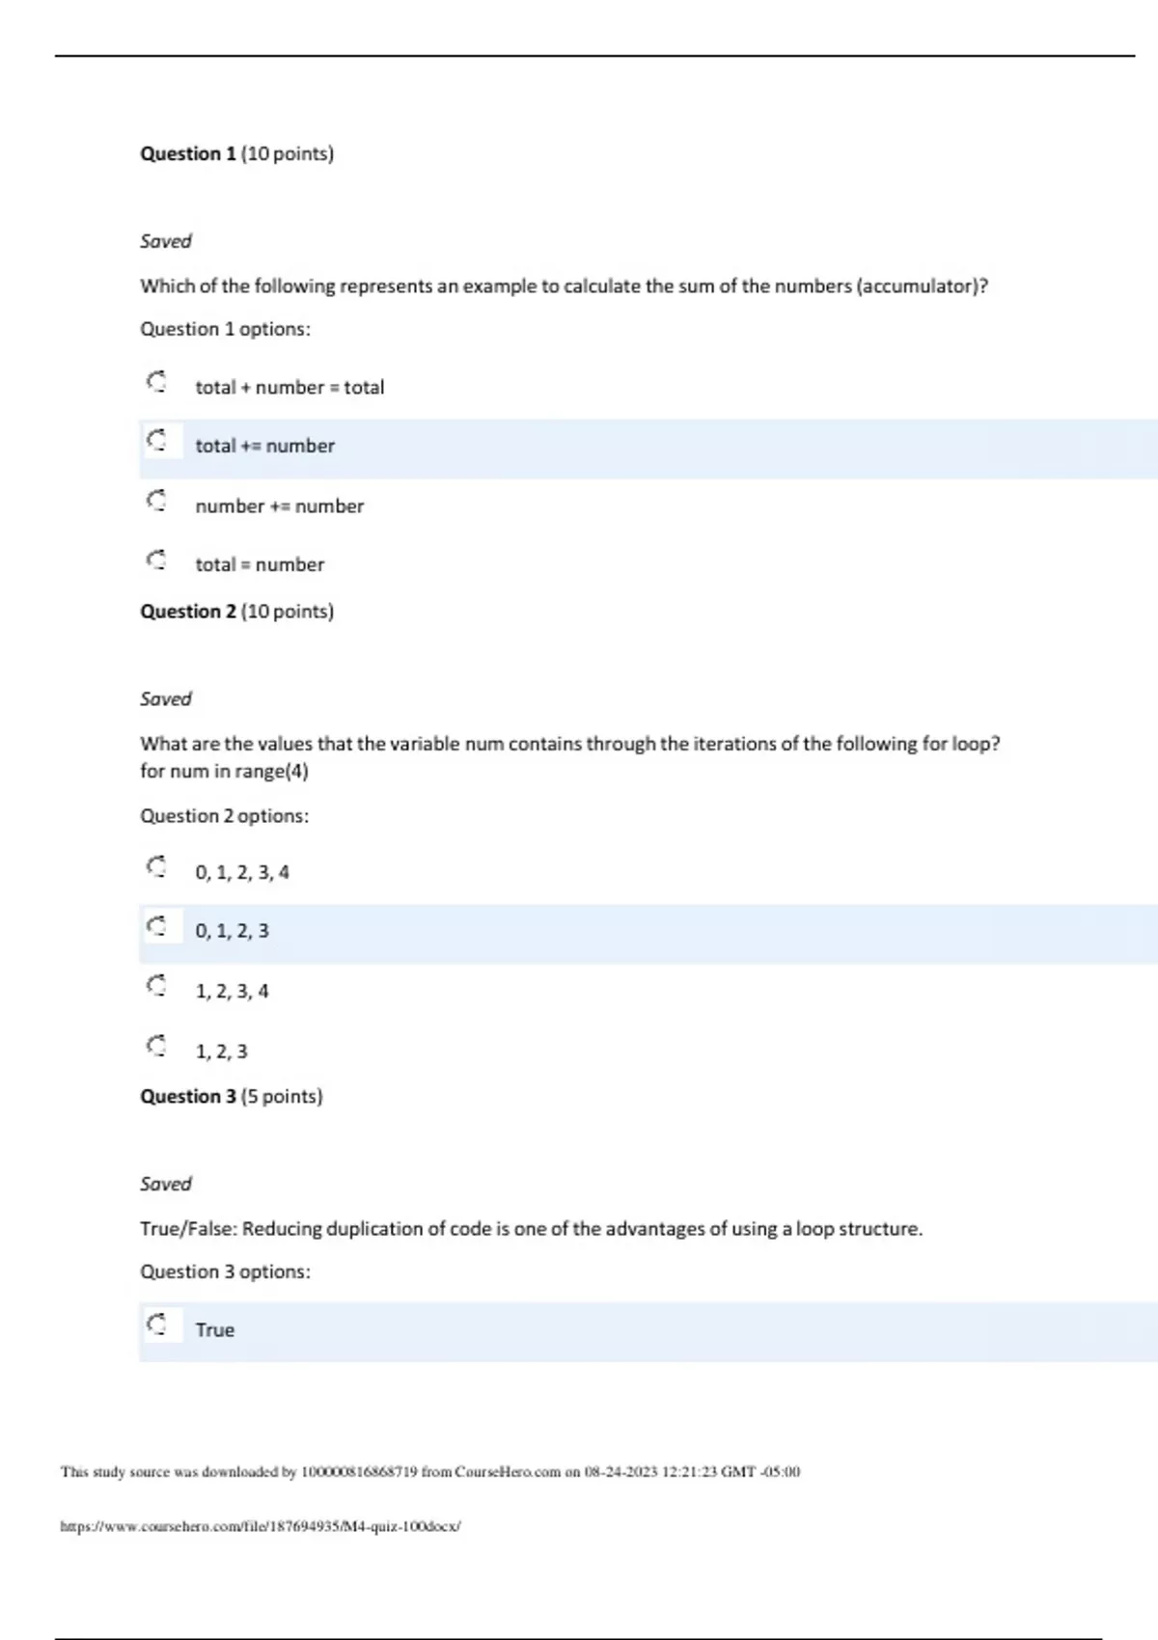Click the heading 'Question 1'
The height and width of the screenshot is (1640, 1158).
(188, 153)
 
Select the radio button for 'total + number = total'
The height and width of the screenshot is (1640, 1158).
(156, 383)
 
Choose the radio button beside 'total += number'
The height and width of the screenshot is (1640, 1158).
(156, 442)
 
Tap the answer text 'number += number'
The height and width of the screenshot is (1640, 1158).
(279, 506)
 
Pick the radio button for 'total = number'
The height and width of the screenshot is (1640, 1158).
(156, 560)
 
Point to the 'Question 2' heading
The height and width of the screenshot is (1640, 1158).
(188, 612)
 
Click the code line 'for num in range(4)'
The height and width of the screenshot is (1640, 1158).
(224, 772)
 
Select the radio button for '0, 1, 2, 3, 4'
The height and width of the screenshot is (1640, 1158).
(156, 867)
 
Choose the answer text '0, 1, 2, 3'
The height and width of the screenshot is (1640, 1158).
(232, 931)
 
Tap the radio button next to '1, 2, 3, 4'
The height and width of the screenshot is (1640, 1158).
(156, 987)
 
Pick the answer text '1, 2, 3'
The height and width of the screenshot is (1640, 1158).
(221, 1052)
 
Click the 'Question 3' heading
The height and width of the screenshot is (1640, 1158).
(188, 1097)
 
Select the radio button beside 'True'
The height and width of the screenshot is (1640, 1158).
(156, 1325)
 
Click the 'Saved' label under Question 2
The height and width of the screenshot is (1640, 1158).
(166, 698)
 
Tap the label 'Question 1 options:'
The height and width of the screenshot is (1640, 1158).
(225, 330)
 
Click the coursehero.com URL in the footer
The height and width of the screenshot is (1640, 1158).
(261, 1526)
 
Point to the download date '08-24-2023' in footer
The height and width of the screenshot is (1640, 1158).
(620, 1472)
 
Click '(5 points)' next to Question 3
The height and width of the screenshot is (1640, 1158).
(282, 1097)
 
